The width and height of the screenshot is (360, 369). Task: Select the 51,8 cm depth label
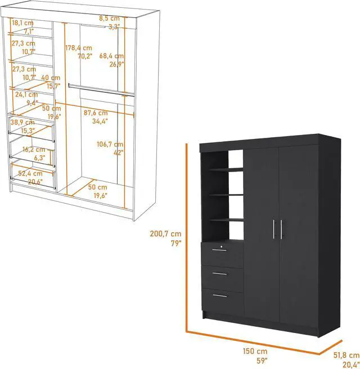coord(346,355)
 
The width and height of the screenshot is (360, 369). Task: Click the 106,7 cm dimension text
coord(110,144)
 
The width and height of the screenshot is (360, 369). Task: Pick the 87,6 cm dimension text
coord(96,112)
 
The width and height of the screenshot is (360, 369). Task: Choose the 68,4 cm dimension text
coord(111,56)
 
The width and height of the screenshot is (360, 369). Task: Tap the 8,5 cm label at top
coord(110,19)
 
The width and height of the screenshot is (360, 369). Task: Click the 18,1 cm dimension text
coord(23,23)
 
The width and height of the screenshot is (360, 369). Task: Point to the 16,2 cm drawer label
coord(33,150)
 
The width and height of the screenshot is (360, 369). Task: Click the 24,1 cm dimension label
coord(26,94)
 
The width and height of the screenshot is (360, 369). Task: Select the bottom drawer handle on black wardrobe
coord(220,295)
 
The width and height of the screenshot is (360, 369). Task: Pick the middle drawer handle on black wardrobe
coord(220,274)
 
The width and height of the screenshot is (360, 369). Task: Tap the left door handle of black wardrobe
coord(274,230)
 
